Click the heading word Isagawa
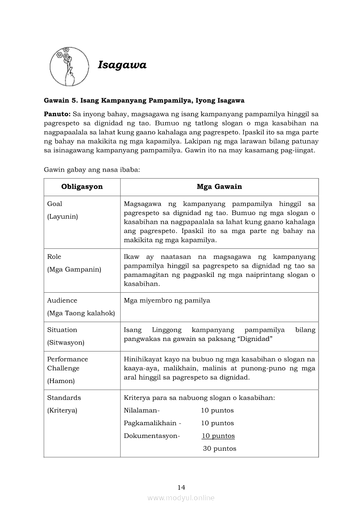pos(122,65)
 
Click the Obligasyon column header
pos(82,187)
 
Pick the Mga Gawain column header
pos(219,187)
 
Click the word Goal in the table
pos(55,204)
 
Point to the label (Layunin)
pos(63,216)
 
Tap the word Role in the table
pos(54,257)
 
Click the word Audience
pos(62,301)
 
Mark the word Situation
pos(62,330)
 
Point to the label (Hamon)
pos(61,381)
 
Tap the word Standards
pos(64,398)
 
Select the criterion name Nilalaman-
pos(142,411)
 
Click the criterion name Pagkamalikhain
pos(150,423)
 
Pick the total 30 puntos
pos(219,448)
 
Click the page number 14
pos(181,487)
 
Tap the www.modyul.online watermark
pos(181,498)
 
